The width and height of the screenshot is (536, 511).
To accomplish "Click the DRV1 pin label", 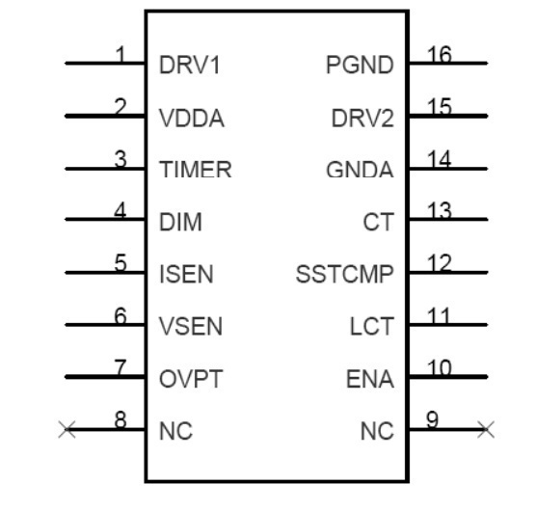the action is point(189,65).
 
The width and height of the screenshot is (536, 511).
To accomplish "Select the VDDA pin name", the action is point(192,119).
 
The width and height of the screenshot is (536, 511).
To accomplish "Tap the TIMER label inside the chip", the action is point(196,169).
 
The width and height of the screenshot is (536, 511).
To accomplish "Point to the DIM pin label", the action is point(180,222).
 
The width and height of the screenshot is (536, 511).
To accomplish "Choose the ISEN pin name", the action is point(186,274).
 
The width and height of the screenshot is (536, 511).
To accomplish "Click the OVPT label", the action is point(191,379).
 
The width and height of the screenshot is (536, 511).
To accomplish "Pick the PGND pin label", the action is point(360,65).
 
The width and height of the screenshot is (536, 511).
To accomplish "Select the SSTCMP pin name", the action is point(345,274).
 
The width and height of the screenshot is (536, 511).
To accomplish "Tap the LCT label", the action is point(372,327).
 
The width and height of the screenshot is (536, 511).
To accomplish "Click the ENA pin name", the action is point(370,379).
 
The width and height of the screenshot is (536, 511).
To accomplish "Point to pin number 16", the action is point(440,54).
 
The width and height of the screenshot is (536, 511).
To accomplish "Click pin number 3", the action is point(121,159).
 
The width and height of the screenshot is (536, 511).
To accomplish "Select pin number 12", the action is point(440,263).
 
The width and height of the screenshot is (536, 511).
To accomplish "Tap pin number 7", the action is point(121,367).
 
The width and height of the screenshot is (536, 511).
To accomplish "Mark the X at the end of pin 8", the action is point(67,430).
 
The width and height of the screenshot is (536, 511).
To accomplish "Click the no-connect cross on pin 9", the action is point(486,430).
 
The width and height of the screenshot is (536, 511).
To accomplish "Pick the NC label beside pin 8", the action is point(176,431).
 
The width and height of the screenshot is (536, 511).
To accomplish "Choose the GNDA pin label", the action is point(360,170).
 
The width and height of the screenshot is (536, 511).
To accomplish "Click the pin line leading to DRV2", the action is point(448,117).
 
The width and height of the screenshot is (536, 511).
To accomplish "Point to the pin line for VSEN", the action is point(105,325).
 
